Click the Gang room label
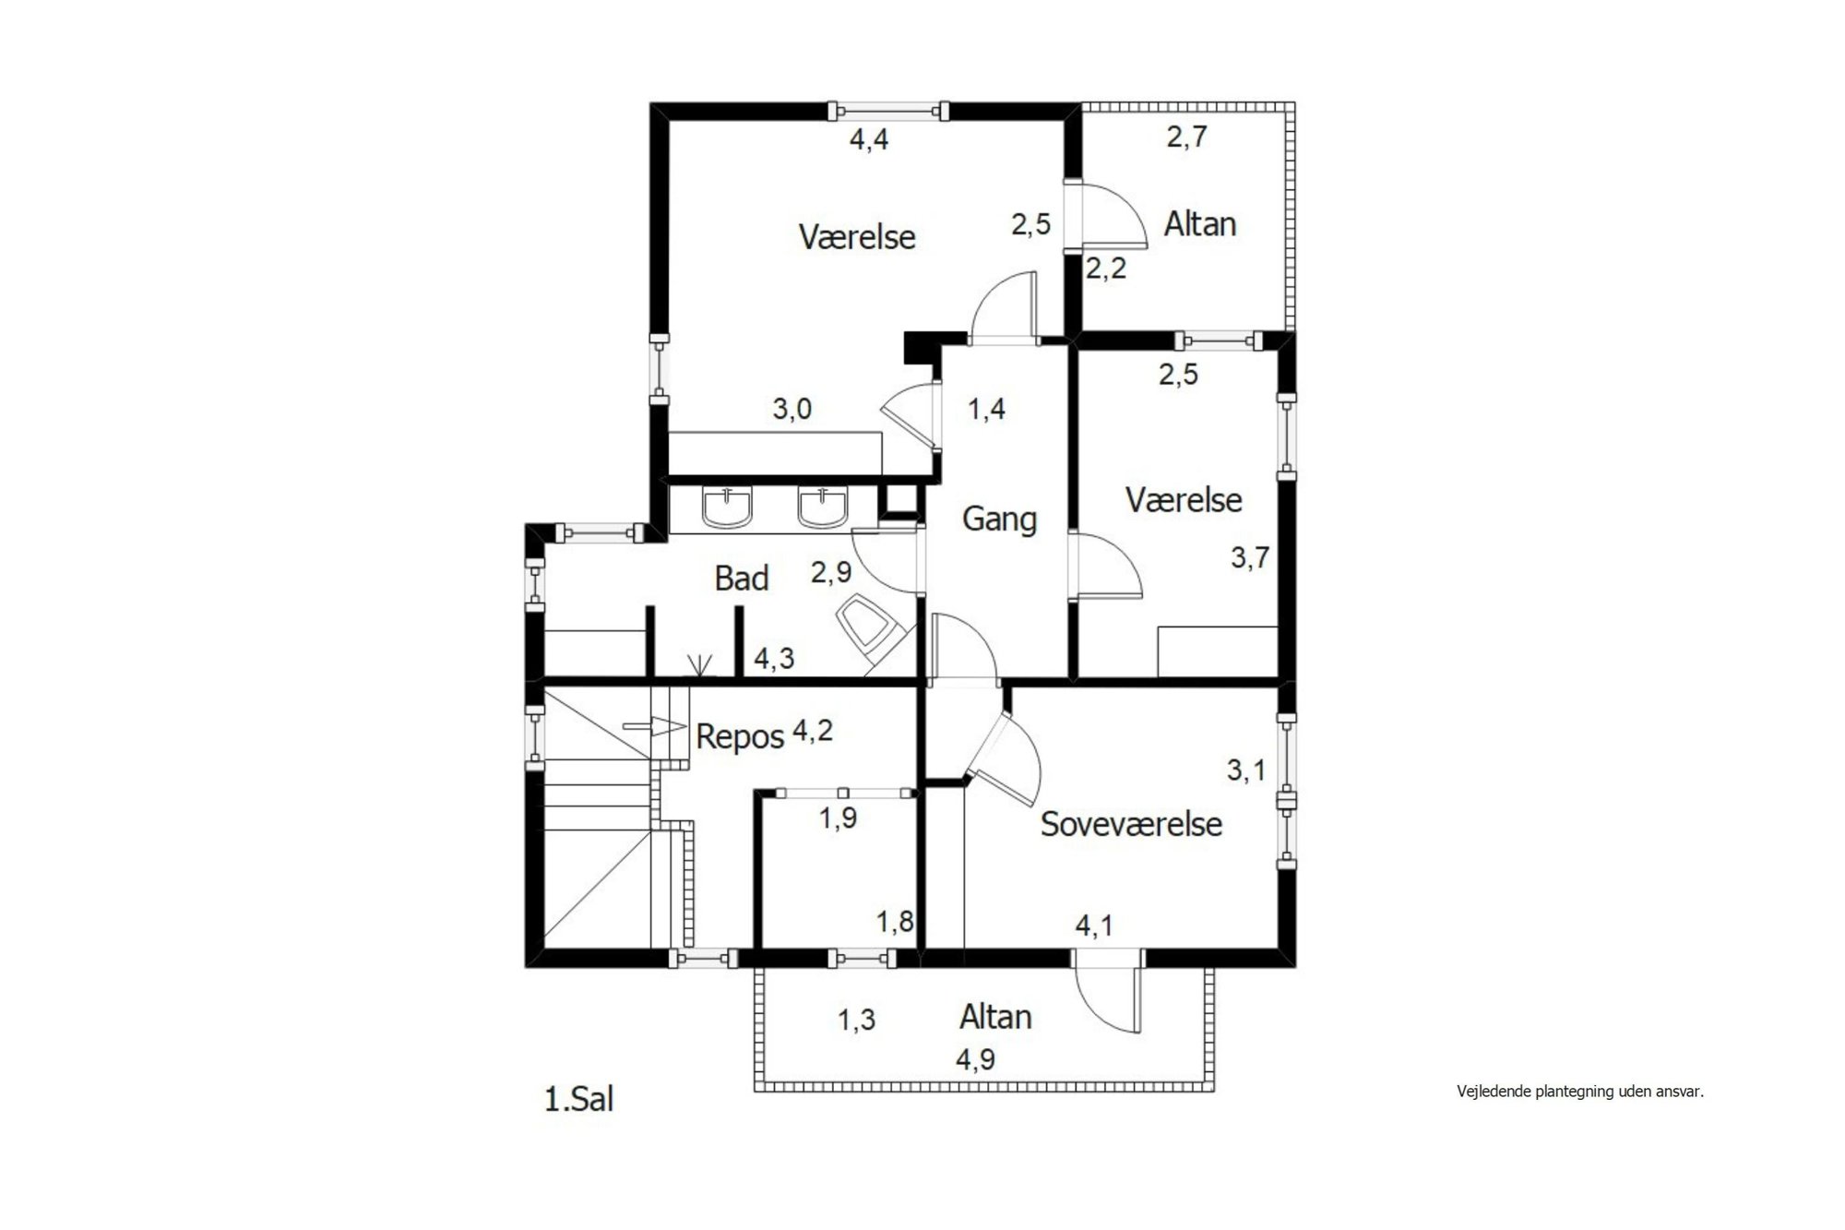click(999, 519)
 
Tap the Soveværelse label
click(1131, 824)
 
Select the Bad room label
click(742, 579)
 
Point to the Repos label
click(740, 737)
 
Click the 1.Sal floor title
click(579, 1100)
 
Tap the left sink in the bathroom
click(728, 508)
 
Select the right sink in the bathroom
click(822, 508)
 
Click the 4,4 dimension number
click(869, 140)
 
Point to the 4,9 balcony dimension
click(975, 1060)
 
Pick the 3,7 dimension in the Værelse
click(1250, 557)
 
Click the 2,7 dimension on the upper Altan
click(1187, 137)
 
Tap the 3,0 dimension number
click(792, 409)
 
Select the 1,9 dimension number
click(839, 818)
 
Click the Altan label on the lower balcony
click(995, 1017)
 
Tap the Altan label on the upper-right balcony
click(1199, 224)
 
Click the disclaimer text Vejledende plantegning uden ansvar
click(1580, 1092)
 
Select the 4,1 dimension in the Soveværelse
click(1095, 924)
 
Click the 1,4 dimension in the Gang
click(986, 409)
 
